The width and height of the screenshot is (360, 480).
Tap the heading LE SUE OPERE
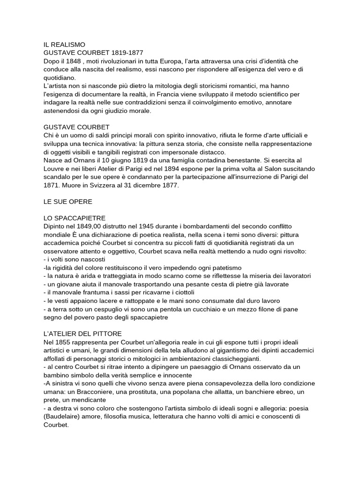point(68,202)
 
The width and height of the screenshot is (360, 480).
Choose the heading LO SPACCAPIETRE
point(75,218)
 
